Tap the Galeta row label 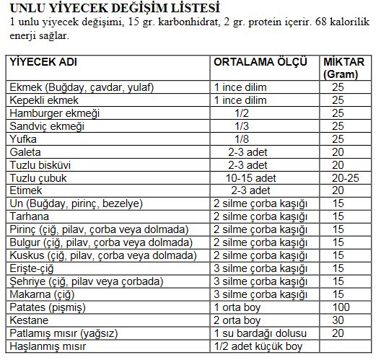pyautogui.click(x=25, y=152)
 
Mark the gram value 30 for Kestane pyautogui.click(x=338, y=321)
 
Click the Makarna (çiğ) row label pyautogui.click(x=39, y=295)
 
